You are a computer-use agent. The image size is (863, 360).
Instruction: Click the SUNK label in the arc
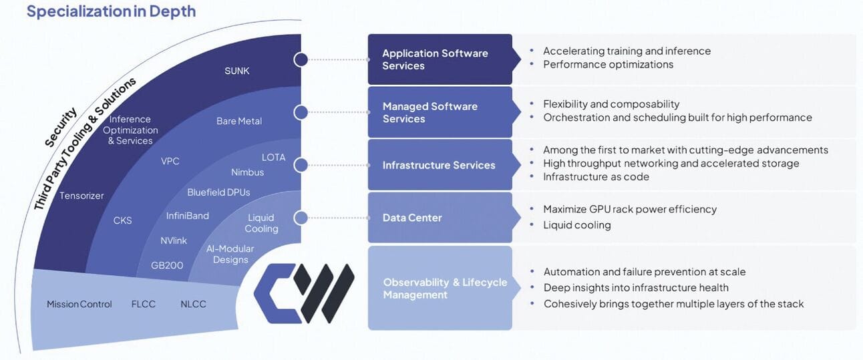237,71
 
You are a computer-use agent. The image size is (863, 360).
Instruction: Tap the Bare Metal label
239,122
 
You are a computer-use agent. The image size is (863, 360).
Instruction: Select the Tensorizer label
81,196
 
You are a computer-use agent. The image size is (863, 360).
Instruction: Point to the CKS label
124,220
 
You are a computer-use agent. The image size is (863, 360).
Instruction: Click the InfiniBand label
188,216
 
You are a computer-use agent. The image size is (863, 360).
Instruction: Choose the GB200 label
167,265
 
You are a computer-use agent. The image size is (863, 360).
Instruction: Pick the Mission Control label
79,304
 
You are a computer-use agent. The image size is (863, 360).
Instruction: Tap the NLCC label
194,304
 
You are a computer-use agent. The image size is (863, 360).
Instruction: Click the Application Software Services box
440,59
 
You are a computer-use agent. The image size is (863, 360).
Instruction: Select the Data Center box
440,218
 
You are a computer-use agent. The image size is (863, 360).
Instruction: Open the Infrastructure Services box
440,165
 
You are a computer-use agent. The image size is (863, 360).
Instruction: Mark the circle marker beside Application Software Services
301,59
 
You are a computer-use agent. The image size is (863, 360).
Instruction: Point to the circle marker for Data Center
301,218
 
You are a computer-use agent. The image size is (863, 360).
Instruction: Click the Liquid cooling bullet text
577,225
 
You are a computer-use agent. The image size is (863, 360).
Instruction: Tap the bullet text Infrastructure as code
596,177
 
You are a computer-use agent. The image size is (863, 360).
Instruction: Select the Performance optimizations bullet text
608,65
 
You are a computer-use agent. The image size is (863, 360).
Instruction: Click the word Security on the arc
61,127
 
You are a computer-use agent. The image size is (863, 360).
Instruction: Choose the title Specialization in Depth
111,11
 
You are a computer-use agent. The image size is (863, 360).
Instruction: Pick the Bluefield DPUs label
218,192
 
